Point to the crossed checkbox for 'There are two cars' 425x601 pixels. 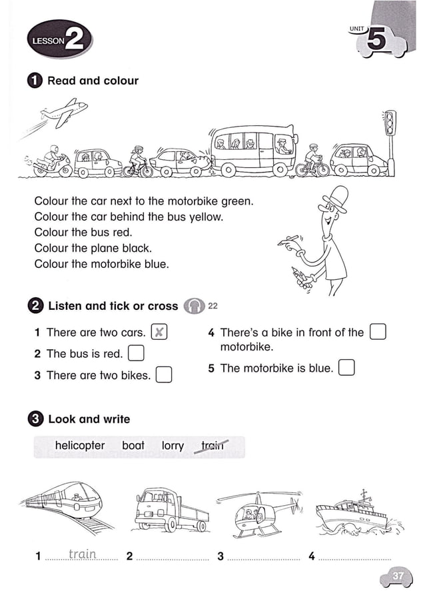tap(159, 332)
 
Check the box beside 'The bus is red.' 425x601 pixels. tap(135, 353)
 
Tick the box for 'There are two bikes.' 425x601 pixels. tap(164, 375)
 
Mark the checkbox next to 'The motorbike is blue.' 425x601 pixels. tap(346, 368)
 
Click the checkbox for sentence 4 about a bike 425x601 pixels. tap(378, 332)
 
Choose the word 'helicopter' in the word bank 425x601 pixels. tap(80, 445)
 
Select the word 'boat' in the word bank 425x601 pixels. tap(133, 445)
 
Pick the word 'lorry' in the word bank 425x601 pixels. tap(173, 445)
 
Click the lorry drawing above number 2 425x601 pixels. tap(171, 510)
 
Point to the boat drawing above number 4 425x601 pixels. tap(356, 513)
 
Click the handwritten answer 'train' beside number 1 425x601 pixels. tap(83, 554)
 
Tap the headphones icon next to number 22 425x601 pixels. tap(195, 306)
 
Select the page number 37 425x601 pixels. tap(398, 576)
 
